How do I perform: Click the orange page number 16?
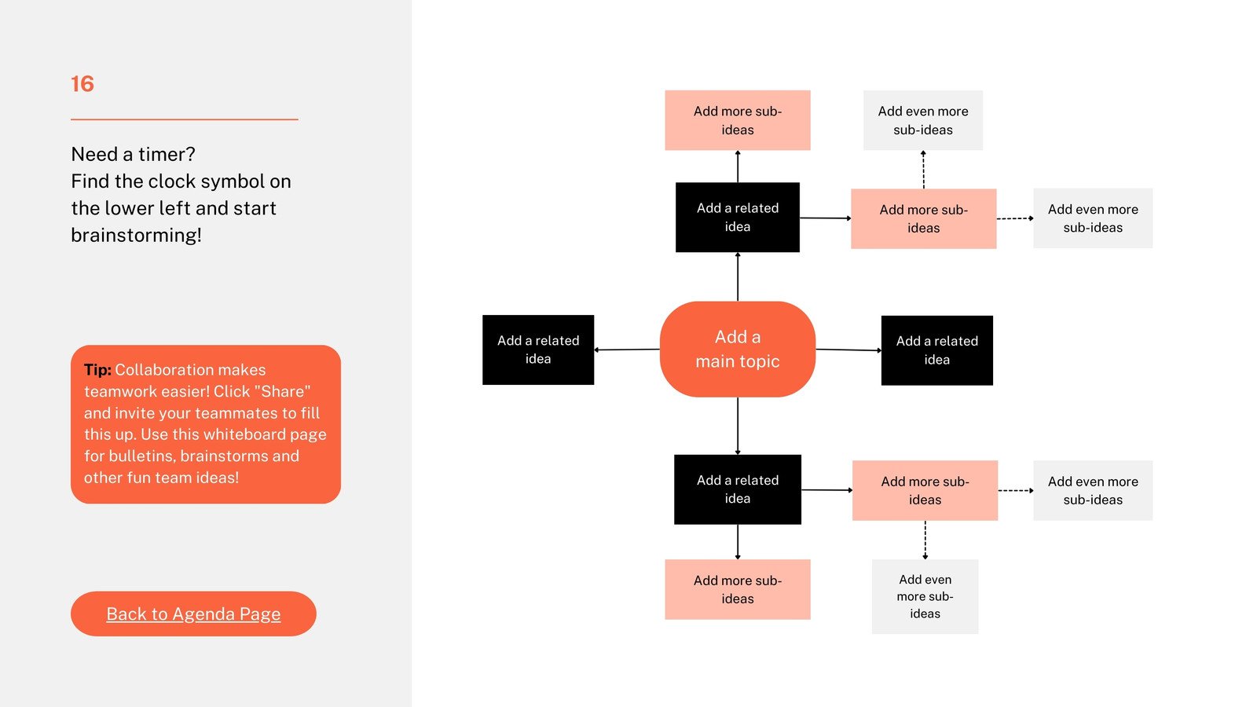click(82, 84)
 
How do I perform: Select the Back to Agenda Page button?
click(193, 614)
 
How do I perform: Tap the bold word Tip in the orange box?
click(97, 370)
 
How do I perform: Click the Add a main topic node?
click(738, 349)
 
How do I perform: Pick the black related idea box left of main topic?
click(538, 350)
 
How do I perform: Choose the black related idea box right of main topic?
click(937, 350)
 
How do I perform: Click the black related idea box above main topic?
click(738, 217)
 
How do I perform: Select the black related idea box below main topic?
click(738, 489)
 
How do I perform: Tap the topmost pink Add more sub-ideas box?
click(738, 120)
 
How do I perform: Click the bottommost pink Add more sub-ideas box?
click(738, 589)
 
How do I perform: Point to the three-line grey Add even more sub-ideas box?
click(925, 596)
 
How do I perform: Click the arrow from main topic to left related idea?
click(627, 350)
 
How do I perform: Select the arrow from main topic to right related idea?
click(848, 350)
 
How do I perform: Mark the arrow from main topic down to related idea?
click(738, 426)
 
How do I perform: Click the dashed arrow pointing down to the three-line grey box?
click(925, 540)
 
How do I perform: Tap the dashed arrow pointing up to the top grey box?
click(923, 170)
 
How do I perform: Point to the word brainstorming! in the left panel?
click(137, 235)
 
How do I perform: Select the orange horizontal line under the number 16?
click(184, 119)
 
